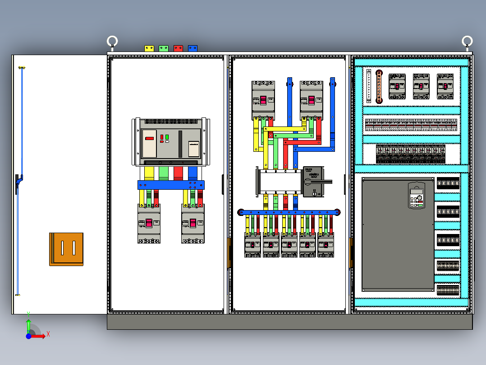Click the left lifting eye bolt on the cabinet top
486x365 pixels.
112,42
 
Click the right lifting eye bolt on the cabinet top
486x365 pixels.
467,42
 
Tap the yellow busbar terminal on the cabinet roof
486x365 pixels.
149,48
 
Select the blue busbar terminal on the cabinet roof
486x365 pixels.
193,48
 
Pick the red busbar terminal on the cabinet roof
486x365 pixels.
178,48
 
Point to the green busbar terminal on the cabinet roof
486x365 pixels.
164,48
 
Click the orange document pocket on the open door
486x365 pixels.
66,249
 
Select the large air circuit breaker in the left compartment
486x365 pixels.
171,142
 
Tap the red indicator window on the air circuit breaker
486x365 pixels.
150,138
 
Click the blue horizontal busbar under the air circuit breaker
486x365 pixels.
171,185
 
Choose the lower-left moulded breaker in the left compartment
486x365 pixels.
149,224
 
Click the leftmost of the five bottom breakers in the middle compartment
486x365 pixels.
252,245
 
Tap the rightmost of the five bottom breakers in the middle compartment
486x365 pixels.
326,245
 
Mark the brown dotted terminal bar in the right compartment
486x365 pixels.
380,86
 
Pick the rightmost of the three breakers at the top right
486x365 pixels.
445,86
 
